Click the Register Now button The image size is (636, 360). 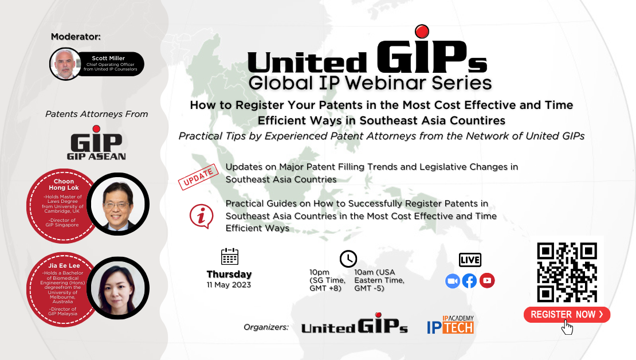pyautogui.click(x=567, y=315)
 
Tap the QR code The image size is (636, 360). pyautogui.click(x=567, y=272)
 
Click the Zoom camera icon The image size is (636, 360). pyautogui.click(x=452, y=281)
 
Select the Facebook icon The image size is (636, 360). pyautogui.click(x=469, y=281)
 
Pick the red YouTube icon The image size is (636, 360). pyautogui.click(x=487, y=280)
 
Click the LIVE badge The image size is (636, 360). pyautogui.click(x=470, y=260)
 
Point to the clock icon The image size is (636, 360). pyautogui.click(x=348, y=259)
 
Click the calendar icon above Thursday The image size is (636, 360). pyautogui.click(x=230, y=256)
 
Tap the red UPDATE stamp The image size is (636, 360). pyautogui.click(x=198, y=177)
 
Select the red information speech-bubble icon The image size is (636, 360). pyautogui.click(x=201, y=216)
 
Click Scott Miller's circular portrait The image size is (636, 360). pyautogui.click(x=65, y=64)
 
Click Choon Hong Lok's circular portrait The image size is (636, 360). pyautogui.click(x=118, y=204)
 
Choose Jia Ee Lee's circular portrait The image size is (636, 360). pyautogui.click(x=118, y=288)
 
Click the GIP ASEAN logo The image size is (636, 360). pyautogui.click(x=96, y=143)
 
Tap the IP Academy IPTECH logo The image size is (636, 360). pyautogui.click(x=450, y=324)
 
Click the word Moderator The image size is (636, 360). pyautogui.click(x=76, y=37)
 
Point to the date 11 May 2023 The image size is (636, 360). pyautogui.click(x=229, y=284)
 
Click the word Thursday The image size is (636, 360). pyautogui.click(x=229, y=275)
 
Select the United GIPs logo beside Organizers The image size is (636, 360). pyautogui.click(x=354, y=323)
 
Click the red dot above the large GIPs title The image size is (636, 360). pyautogui.click(x=422, y=32)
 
